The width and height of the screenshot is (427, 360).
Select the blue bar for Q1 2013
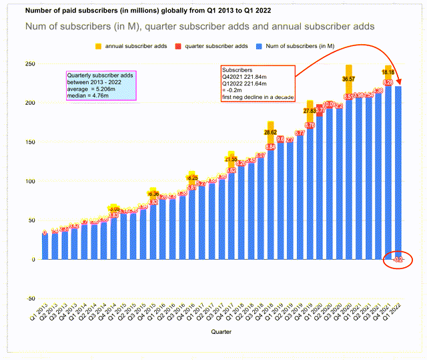click(45, 246)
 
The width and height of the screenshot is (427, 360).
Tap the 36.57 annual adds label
click(348, 79)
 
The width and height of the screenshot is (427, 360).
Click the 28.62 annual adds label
click(270, 132)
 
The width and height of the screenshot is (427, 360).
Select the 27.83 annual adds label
click(310, 110)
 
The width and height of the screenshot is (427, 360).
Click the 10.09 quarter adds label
click(329, 105)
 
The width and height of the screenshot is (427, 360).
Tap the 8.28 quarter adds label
click(388, 82)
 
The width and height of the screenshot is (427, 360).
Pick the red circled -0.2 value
click(398, 259)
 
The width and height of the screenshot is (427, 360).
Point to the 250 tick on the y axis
click(30, 64)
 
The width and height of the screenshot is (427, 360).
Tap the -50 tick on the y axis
click(30, 298)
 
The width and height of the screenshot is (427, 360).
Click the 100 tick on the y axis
click(30, 181)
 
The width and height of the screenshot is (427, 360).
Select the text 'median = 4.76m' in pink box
click(89, 96)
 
